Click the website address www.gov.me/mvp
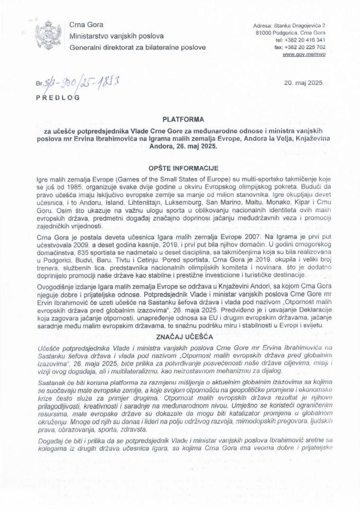[306, 55]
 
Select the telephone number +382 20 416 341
[308, 40]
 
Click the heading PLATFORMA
[180, 120]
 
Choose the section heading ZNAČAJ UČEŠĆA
[180, 337]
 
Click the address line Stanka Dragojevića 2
[307, 25]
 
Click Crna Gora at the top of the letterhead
[86, 25]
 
